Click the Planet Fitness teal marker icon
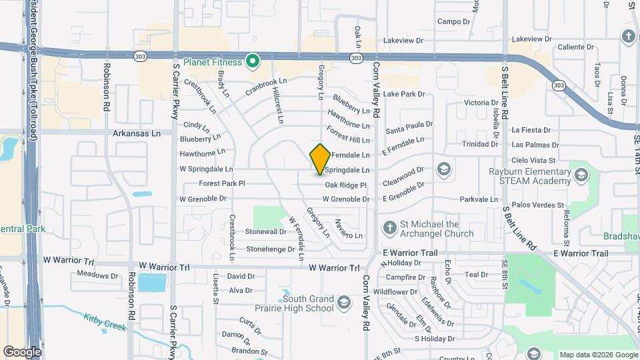[x=252, y=63]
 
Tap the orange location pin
[x=320, y=159]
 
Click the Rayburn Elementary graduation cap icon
[x=581, y=175]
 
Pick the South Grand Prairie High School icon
[x=343, y=303]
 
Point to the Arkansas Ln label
[x=137, y=133]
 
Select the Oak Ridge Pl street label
[x=346, y=185]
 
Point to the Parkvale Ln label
[x=480, y=199]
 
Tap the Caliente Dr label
[x=575, y=47]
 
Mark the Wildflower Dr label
[x=395, y=291]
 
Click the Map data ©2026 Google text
[x=597, y=354]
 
